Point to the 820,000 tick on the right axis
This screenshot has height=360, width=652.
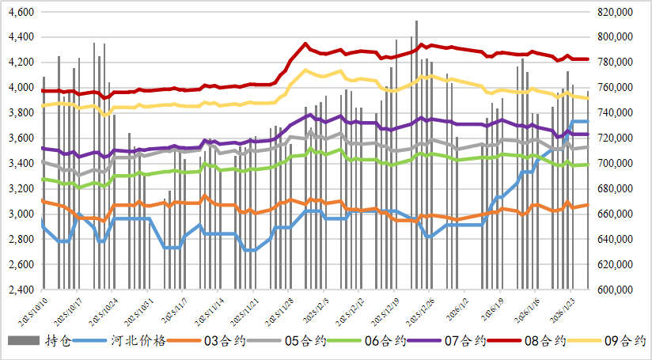pos(612,12)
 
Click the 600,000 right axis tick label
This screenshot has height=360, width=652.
pos(612,290)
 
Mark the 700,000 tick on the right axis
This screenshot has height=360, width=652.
pos(612,163)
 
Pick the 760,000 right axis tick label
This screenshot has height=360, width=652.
pos(612,88)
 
